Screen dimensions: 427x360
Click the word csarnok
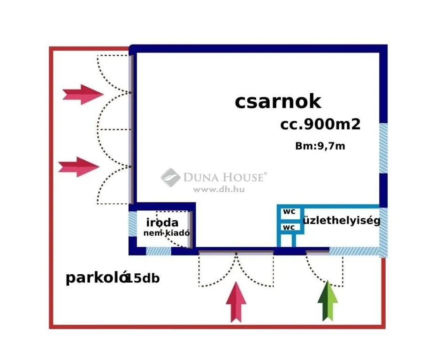[x=278, y=102]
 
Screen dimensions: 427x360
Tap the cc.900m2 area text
[x=320, y=124]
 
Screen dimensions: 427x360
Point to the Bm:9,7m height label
[x=320, y=146]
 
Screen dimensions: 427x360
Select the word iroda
[x=162, y=222]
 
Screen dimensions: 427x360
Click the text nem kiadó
[x=167, y=233]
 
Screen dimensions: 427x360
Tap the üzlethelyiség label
[x=342, y=220]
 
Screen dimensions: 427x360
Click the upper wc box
[x=289, y=212]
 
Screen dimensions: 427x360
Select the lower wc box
[x=289, y=227]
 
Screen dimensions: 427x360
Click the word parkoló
[x=97, y=278]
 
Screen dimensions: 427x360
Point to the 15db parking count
[x=143, y=278]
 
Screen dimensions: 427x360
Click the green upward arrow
[x=328, y=301]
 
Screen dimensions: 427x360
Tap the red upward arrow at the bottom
[x=236, y=302]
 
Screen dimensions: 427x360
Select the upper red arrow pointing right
[x=83, y=94]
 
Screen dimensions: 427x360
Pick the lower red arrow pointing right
[x=79, y=167]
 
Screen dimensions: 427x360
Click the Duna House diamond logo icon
[x=170, y=177]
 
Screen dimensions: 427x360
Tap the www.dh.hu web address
[x=219, y=189]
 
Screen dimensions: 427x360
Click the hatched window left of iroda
[x=133, y=224]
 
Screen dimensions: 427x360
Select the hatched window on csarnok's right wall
[x=383, y=148]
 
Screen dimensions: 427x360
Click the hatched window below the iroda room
[x=159, y=251]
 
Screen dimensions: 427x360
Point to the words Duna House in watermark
[x=224, y=177]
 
